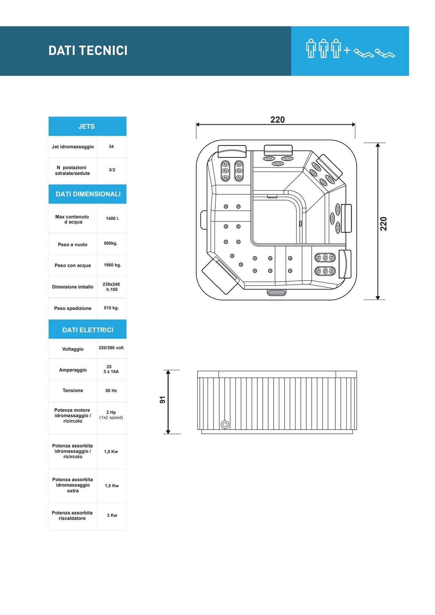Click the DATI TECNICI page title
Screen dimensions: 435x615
[x=88, y=50]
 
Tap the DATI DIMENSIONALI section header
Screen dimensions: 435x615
[x=87, y=194]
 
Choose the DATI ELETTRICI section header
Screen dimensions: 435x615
[x=87, y=330]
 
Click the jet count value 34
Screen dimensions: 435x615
[x=111, y=146]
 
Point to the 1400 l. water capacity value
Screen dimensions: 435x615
[x=112, y=219]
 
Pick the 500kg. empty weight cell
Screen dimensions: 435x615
[x=111, y=243]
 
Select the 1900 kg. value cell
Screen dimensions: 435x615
[x=112, y=265]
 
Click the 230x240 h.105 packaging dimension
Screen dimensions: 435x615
[x=111, y=286]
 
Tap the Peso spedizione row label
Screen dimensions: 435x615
[x=72, y=308]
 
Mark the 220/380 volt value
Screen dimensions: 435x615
[x=111, y=348]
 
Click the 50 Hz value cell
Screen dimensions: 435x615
[x=111, y=391]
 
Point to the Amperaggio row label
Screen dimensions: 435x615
[x=73, y=370]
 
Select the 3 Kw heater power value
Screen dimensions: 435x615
[x=112, y=515]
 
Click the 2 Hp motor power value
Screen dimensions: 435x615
[x=111, y=412]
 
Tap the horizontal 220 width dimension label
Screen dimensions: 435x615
[x=277, y=120]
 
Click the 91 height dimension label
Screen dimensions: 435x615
[x=162, y=400]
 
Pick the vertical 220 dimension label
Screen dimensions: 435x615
[x=384, y=224]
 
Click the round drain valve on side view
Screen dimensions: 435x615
[x=225, y=425]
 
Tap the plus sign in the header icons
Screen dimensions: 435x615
[x=347, y=50]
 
